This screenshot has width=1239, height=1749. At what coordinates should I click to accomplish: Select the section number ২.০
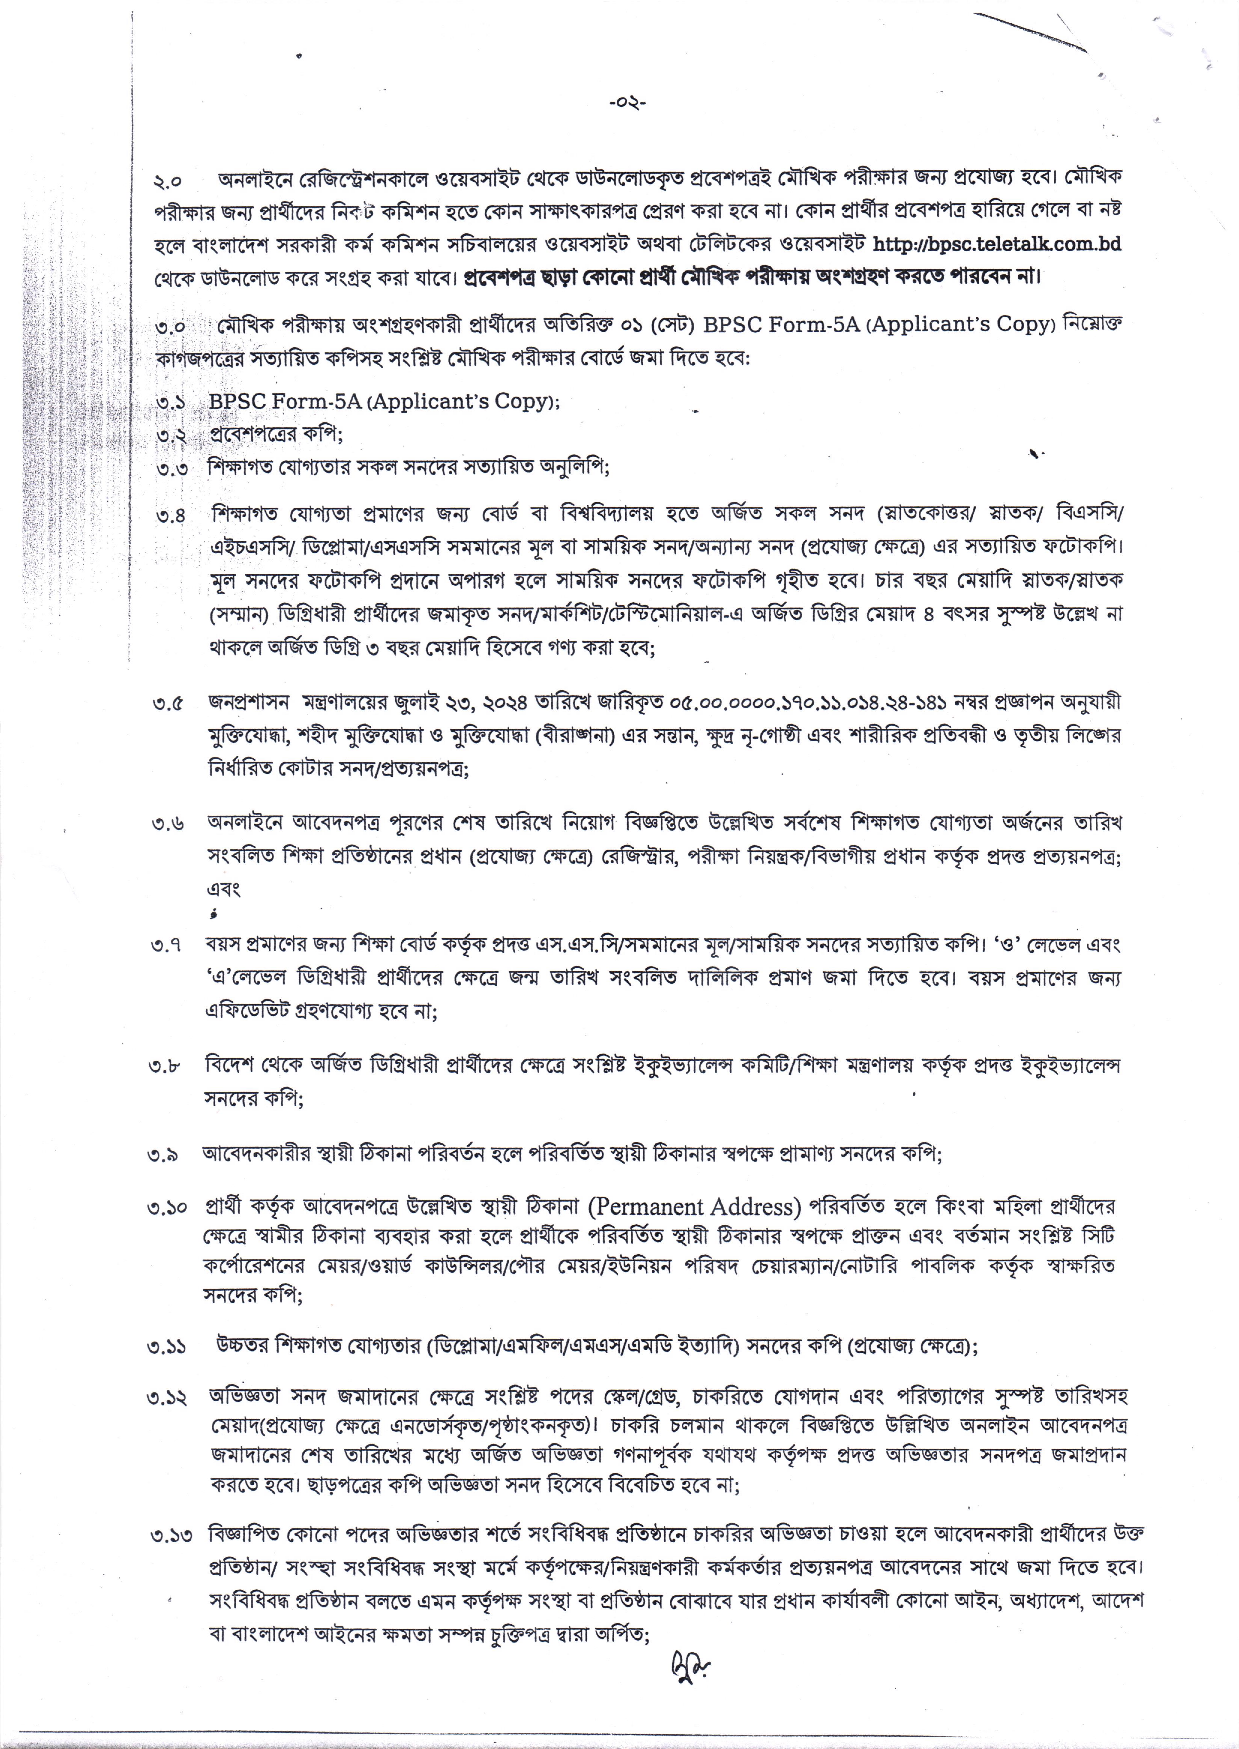point(167,182)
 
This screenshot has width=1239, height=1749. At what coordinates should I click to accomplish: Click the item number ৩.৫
point(167,704)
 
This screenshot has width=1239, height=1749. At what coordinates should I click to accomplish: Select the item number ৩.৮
point(165,1067)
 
